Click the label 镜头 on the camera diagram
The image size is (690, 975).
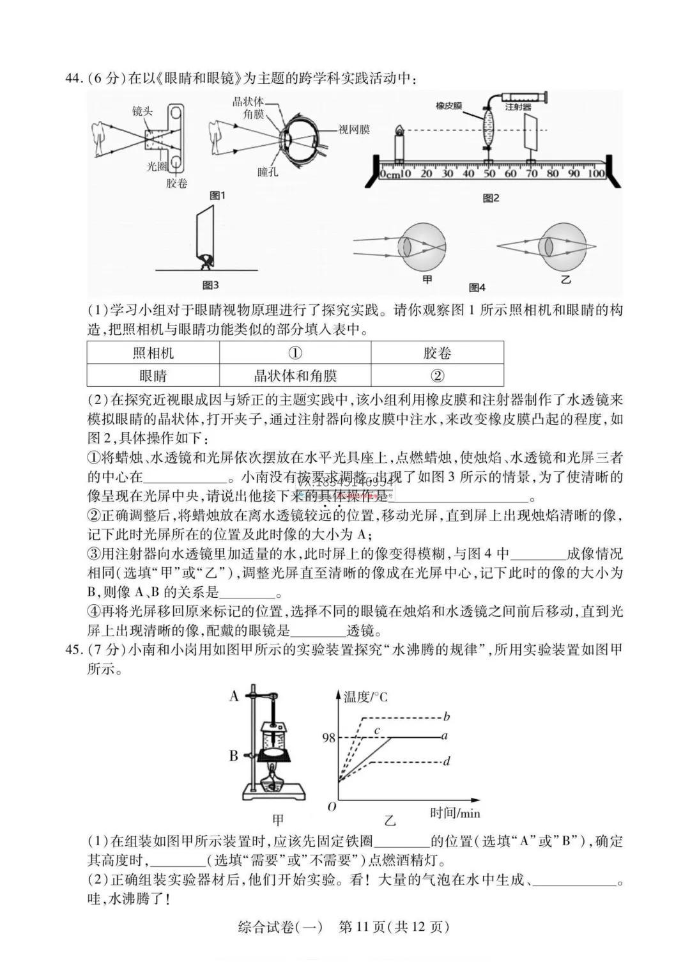tap(142, 111)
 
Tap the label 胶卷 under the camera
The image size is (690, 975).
tap(177, 183)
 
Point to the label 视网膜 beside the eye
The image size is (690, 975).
tap(354, 130)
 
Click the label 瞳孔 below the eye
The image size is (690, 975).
tap(268, 172)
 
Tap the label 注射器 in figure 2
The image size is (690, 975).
tap(518, 107)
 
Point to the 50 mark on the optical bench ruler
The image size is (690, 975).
tap(489, 173)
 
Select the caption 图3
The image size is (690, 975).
tap(210, 285)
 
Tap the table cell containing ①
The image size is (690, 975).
tap(295, 353)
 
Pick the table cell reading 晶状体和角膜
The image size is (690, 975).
tap(295, 375)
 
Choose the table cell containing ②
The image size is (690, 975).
tap(438, 375)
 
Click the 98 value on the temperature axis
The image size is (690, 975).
tap(328, 738)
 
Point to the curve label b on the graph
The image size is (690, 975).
tap(447, 717)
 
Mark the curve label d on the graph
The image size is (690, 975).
tap(447, 761)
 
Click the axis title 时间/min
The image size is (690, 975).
tap(455, 813)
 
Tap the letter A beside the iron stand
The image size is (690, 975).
tap(234, 696)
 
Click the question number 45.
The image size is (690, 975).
tap(75, 650)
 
